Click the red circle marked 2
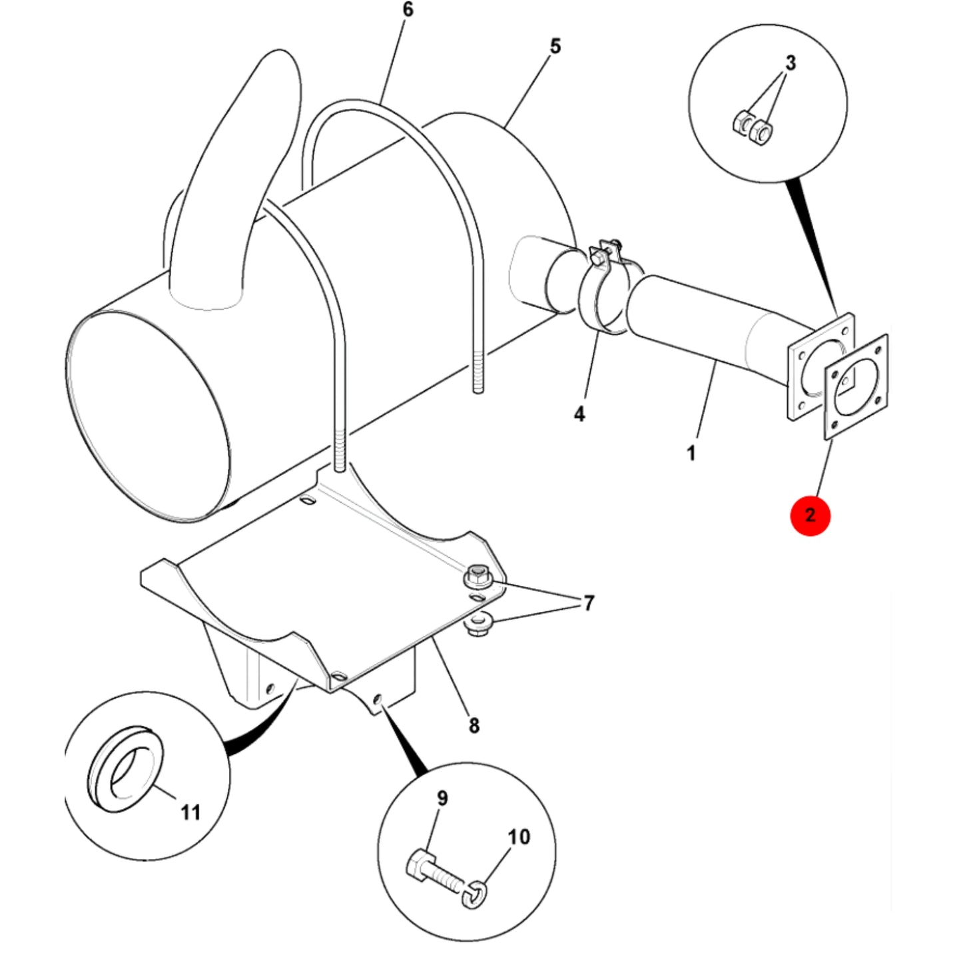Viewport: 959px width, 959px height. click(810, 515)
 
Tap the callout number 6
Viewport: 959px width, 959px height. click(408, 9)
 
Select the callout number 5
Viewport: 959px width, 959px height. click(555, 46)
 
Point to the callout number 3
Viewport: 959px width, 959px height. click(791, 63)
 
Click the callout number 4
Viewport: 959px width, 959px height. click(579, 414)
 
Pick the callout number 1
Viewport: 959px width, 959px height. click(691, 454)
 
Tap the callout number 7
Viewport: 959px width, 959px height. click(589, 603)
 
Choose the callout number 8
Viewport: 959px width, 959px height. click(474, 726)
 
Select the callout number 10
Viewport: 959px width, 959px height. click(519, 837)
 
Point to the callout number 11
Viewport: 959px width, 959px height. click(190, 812)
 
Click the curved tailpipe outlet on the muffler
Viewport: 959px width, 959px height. click(234, 179)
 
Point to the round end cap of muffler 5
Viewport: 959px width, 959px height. click(148, 416)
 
